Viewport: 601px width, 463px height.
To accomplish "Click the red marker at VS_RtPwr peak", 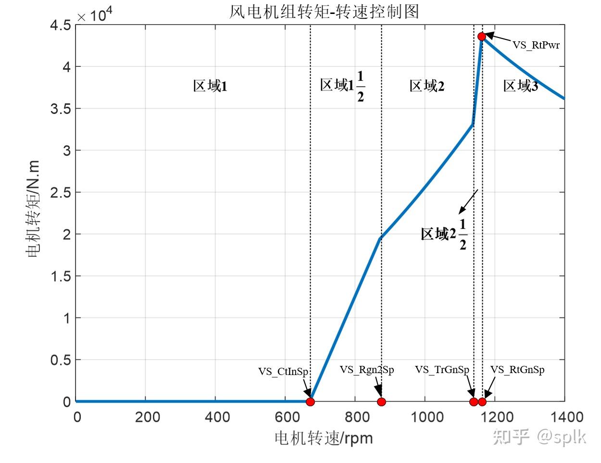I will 482,36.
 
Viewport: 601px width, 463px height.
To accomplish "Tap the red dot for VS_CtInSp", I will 310,401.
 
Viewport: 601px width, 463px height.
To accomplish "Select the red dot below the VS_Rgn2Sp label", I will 381,401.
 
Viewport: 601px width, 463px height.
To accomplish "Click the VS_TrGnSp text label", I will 442,369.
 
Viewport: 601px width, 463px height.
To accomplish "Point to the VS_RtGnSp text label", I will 517,369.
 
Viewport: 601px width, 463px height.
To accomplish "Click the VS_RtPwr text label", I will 536,45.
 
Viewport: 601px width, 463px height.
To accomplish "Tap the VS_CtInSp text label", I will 283,371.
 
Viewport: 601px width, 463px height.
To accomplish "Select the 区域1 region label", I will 210,86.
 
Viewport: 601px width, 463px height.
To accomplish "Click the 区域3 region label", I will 520,86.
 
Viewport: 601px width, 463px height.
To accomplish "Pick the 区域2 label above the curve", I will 427,86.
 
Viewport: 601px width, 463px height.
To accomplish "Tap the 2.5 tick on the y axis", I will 61,192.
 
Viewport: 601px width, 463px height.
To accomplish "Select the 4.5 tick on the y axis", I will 61,25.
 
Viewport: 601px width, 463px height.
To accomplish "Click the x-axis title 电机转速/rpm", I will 324,438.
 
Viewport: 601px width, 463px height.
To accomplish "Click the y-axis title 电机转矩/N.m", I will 34,209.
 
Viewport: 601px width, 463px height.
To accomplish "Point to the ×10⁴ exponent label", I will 95,15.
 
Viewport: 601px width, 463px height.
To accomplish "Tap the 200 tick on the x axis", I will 147,416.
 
